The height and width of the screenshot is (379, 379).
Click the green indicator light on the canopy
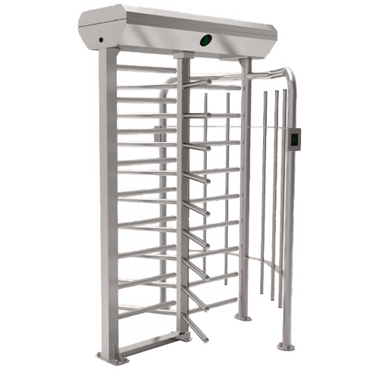pos(205,39)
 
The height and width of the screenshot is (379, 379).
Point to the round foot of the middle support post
pos(240,316)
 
